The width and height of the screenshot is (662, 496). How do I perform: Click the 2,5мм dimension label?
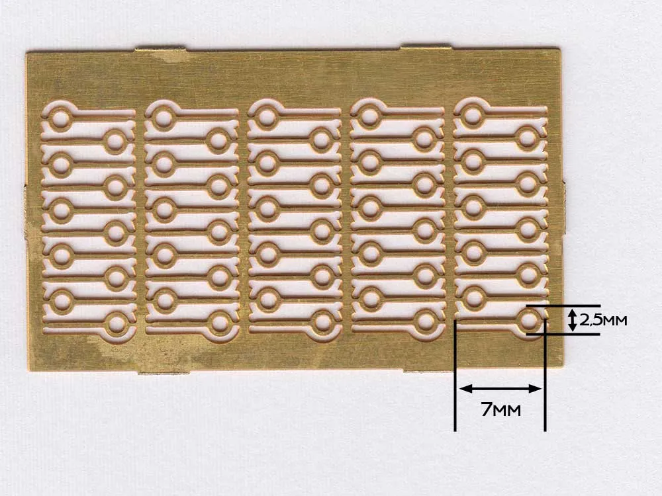click(x=603, y=320)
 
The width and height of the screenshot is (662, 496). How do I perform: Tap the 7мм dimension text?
click(x=501, y=409)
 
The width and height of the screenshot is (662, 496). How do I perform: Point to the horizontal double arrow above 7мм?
click(x=500, y=388)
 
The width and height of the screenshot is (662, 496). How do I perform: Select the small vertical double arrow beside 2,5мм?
click(x=572, y=319)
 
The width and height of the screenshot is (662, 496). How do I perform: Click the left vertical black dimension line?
click(x=455, y=376)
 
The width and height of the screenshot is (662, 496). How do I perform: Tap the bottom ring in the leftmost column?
click(x=117, y=324)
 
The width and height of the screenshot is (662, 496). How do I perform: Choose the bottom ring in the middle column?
click(x=323, y=323)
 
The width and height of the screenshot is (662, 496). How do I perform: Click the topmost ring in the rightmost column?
click(x=473, y=116)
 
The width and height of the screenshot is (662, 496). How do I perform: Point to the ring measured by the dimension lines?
click(x=528, y=321)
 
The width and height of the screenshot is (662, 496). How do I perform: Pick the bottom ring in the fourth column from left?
click(x=426, y=322)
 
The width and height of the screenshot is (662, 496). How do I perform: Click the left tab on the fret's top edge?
click(x=160, y=50)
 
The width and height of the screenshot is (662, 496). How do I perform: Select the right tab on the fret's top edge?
click(x=426, y=46)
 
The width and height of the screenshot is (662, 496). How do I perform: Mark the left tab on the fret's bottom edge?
click(x=164, y=372)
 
